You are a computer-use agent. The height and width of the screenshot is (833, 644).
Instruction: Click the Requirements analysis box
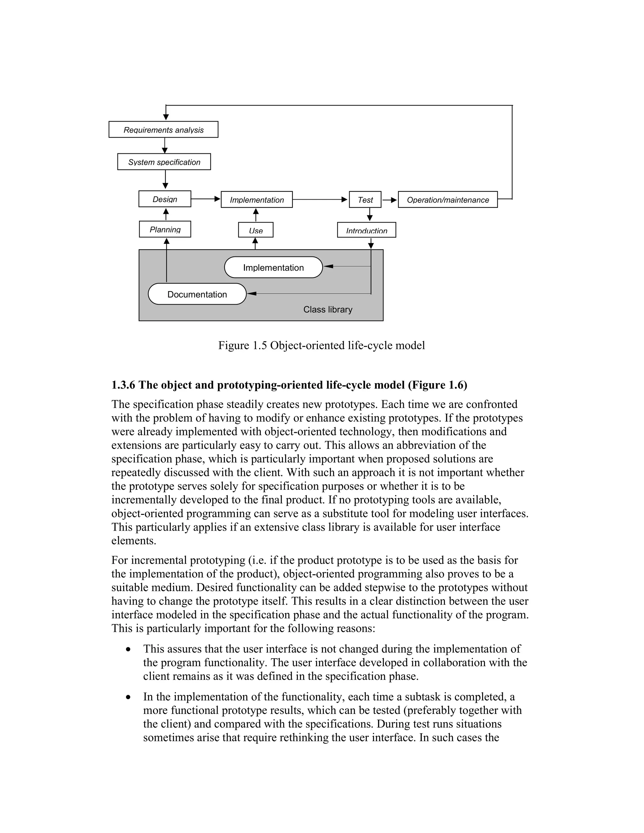click(x=163, y=130)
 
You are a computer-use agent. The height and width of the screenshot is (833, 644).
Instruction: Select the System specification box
click(x=164, y=162)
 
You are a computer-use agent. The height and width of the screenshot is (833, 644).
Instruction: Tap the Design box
click(x=165, y=199)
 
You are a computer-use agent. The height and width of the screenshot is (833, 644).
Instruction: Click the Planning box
click(x=165, y=229)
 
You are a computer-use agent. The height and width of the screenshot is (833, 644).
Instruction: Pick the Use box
click(x=256, y=230)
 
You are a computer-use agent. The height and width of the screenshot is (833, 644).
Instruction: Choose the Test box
click(x=365, y=200)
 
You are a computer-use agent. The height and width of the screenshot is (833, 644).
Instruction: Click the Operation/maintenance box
click(x=447, y=200)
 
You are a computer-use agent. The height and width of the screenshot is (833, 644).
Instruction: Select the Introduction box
click(x=366, y=230)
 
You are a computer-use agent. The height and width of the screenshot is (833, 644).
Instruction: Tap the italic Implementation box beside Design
click(x=257, y=200)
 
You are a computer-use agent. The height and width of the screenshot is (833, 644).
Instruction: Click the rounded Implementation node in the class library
click(x=273, y=268)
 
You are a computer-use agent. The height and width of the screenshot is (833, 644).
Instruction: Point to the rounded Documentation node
click(x=197, y=294)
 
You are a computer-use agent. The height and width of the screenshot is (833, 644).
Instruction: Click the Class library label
click(x=328, y=309)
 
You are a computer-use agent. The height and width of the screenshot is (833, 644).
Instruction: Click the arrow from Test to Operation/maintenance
click(x=390, y=200)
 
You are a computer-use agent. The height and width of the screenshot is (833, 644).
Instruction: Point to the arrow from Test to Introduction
click(x=369, y=214)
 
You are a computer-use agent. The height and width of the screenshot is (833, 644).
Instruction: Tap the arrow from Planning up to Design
click(x=166, y=214)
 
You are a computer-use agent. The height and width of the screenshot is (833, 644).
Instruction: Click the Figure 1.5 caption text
click(x=321, y=345)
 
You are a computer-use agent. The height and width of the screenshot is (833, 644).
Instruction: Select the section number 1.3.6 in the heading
click(x=123, y=385)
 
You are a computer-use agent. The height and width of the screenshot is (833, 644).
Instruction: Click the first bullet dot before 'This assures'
click(x=129, y=649)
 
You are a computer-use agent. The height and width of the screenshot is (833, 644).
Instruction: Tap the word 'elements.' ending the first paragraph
click(x=134, y=541)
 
